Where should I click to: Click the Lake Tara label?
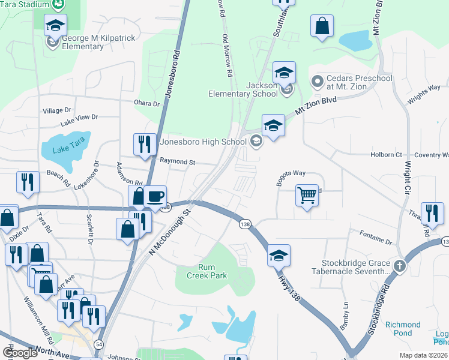tap(65, 146)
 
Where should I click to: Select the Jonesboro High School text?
tap(203, 142)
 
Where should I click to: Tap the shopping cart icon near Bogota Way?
tap(307, 195)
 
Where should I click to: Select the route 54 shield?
tap(98, 344)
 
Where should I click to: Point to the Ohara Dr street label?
tap(148, 104)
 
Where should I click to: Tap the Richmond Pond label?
tap(402, 329)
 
